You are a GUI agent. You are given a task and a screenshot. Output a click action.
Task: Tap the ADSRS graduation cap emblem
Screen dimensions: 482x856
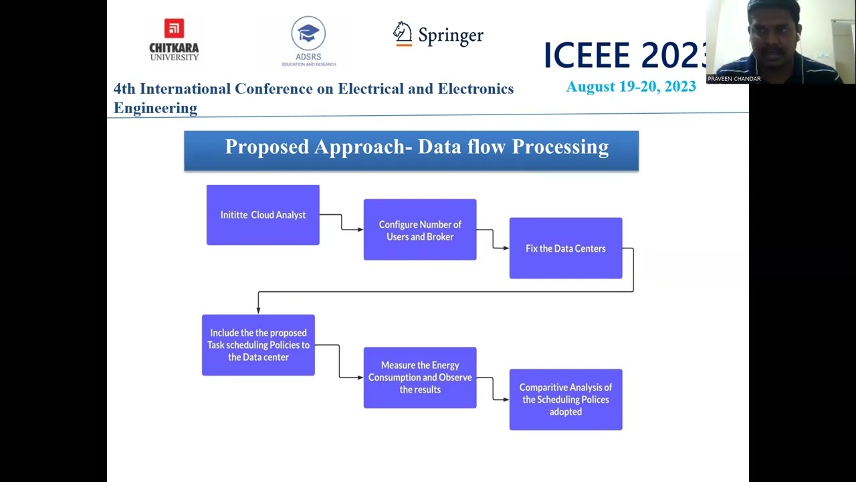click(308, 33)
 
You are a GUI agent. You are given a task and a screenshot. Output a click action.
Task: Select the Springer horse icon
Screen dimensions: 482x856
click(403, 33)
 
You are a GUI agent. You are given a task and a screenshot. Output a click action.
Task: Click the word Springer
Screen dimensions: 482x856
click(451, 35)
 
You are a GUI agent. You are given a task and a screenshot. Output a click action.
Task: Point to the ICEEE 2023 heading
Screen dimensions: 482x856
click(625, 55)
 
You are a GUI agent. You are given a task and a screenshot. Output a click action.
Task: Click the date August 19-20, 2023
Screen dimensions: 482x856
click(631, 86)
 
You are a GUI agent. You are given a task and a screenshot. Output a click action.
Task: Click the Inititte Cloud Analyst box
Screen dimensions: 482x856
click(263, 215)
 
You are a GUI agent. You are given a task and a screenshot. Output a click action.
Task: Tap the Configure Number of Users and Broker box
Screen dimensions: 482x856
click(420, 230)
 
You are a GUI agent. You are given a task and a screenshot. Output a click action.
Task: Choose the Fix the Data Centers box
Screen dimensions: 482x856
click(566, 248)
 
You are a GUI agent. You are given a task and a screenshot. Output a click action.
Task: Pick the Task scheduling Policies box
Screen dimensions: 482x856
click(258, 345)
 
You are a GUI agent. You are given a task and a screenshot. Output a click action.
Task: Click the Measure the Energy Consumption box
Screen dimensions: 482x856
click(420, 378)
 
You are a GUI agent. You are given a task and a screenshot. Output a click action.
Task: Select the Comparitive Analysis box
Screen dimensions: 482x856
click(566, 400)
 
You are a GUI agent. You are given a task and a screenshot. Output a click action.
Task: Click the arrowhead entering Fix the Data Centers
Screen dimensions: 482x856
click(506, 248)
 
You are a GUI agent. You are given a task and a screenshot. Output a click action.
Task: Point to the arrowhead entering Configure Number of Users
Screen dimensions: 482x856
click(360, 230)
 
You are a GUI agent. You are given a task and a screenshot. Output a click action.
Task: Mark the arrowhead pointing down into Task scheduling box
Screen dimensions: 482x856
click(258, 310)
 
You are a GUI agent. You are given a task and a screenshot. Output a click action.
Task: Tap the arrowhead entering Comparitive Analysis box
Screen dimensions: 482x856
click(506, 400)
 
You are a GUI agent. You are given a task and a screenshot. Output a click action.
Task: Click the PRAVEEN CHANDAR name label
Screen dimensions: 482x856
click(734, 79)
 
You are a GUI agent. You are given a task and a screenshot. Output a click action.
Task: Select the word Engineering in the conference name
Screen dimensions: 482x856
click(155, 108)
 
